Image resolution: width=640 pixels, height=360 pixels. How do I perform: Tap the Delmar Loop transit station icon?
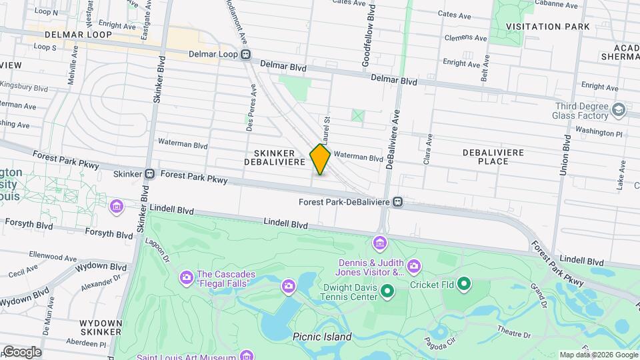click(246, 54)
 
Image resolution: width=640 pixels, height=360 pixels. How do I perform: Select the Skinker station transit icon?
click(150, 174)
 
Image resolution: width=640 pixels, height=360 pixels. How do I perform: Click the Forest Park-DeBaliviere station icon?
click(398, 201)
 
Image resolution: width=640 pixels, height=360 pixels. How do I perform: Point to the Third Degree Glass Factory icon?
click(619, 109)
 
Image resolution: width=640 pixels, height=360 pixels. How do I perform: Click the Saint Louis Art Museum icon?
click(247, 356)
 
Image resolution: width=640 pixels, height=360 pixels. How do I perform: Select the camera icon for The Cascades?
click(186, 276)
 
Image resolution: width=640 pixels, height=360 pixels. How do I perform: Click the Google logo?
click(22, 352)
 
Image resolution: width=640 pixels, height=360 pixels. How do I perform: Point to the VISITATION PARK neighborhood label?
click(547, 27)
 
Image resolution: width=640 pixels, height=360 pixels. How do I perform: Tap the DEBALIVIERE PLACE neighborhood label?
click(496, 157)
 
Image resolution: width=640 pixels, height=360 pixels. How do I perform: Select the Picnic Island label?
click(321, 337)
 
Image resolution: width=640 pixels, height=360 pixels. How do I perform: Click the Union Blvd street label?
click(567, 156)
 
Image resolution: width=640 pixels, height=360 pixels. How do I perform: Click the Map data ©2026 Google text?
click(598, 355)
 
